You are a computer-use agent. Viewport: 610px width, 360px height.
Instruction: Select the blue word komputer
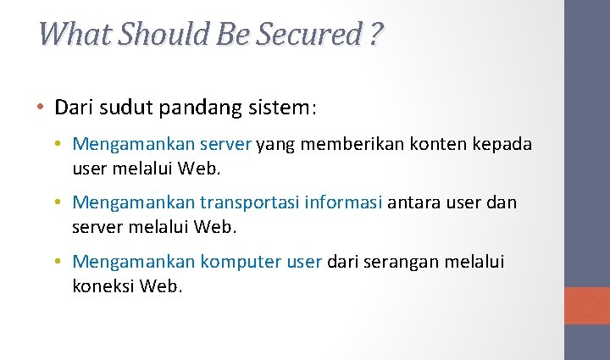click(x=241, y=263)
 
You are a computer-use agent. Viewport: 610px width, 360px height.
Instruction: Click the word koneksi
click(x=103, y=286)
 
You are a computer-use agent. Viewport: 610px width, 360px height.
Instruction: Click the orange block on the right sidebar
click(x=587, y=305)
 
